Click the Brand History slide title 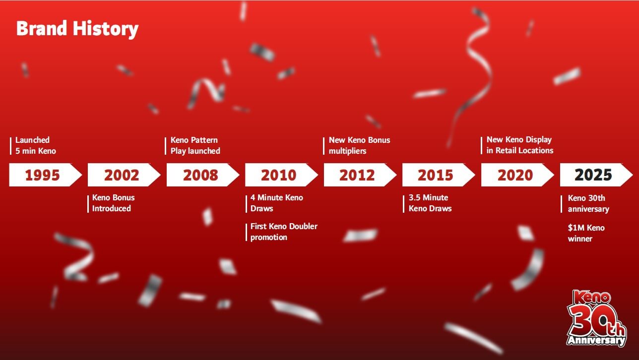[x=77, y=29]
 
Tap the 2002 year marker [x=122, y=175]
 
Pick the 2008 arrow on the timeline [x=200, y=175]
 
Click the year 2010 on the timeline [x=279, y=175]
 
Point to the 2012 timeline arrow [x=357, y=175]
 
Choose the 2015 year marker [x=436, y=175]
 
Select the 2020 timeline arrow [x=515, y=175]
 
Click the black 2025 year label [x=593, y=175]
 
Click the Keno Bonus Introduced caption [x=113, y=203]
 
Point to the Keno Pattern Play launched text [x=195, y=145]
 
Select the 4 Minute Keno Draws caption [x=276, y=203]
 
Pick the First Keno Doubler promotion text [x=283, y=232]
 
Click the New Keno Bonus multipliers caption [x=359, y=145]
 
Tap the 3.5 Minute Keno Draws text [x=430, y=203]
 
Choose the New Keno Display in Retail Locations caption [x=519, y=145]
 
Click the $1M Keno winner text [x=586, y=233]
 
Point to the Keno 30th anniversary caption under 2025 [x=588, y=203]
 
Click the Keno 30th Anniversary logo [x=596, y=318]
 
